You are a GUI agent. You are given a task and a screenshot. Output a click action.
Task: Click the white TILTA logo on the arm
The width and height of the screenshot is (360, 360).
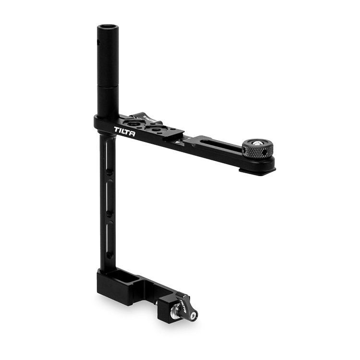125,132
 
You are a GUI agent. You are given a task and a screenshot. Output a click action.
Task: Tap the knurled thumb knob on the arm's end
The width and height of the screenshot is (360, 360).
258,148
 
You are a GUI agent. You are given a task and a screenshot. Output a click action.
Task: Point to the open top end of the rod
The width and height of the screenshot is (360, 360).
108,27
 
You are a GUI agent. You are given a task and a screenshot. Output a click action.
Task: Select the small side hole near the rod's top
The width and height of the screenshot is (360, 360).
98,42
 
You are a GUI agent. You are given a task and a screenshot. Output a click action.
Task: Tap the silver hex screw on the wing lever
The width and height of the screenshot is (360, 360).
194,316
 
